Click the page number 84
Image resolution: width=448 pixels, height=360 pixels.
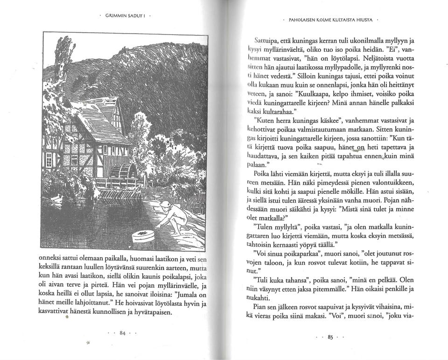pos(123,333)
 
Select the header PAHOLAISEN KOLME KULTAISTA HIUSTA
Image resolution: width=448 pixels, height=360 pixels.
pos(330,21)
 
